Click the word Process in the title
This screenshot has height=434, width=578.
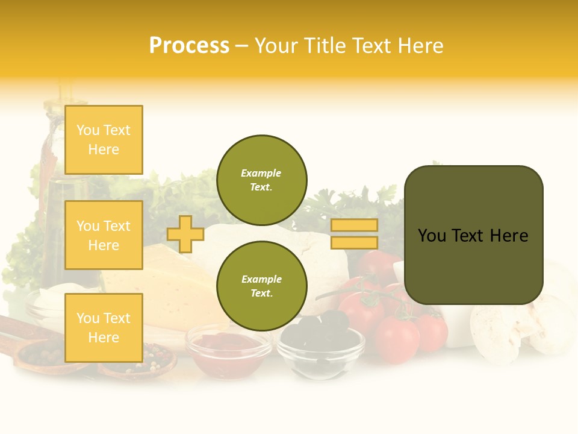pos(189,46)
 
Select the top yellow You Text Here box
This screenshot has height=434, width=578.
pos(104,140)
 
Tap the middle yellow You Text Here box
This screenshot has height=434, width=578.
pos(104,235)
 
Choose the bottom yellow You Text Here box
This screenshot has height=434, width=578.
pos(104,327)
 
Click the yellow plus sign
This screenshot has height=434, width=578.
pos(185,234)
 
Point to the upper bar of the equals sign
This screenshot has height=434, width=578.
pos(354,225)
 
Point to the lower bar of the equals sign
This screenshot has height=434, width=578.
pos(354,242)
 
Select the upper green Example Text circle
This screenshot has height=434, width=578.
pos(261,180)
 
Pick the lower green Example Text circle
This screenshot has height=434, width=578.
pos(261,286)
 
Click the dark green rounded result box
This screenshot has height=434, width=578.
pos(473,235)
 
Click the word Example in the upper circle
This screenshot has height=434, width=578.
pos(261,173)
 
